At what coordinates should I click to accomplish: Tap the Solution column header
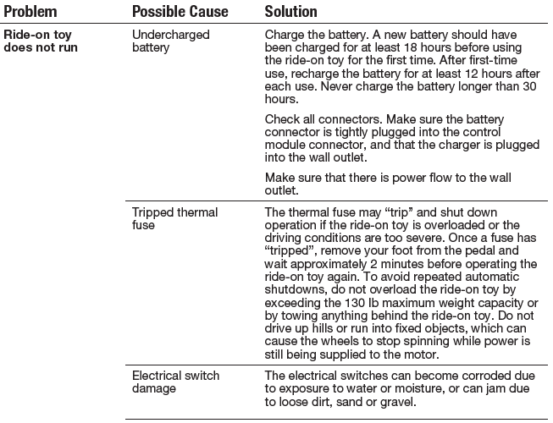(x=291, y=13)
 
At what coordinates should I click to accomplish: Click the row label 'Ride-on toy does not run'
(x=41, y=41)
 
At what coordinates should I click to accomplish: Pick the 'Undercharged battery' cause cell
(x=169, y=41)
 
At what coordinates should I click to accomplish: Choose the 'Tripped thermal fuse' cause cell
(x=175, y=218)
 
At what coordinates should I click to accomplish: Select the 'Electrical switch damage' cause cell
(x=176, y=381)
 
